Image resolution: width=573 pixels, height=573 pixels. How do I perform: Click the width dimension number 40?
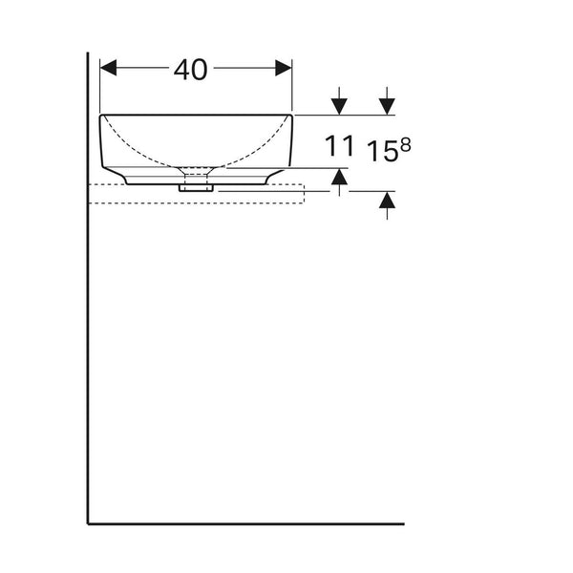[190, 70]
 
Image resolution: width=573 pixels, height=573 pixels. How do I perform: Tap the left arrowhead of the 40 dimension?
[108, 68]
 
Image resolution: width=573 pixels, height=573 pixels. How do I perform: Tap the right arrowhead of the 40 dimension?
[284, 68]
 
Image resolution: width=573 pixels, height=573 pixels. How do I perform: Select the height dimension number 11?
[339, 145]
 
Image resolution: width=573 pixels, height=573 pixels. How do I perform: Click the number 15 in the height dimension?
[382, 151]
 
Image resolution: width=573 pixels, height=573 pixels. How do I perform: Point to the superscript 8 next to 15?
[405, 145]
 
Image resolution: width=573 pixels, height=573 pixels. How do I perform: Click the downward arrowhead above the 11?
[339, 106]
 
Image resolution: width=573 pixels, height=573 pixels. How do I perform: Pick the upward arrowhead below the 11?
[339, 177]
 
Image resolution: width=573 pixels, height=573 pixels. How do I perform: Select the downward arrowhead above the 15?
[387, 106]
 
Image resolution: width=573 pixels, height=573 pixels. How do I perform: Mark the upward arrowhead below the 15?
[387, 201]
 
